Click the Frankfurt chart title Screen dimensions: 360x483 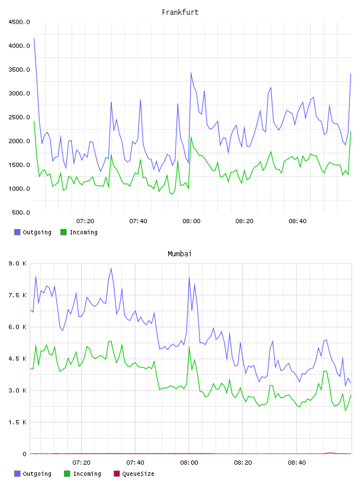tap(180, 12)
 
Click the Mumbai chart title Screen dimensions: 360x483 tap(179, 254)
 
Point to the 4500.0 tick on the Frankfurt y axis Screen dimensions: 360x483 tap(19, 22)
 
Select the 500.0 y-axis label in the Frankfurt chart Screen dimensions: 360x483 tap(21, 212)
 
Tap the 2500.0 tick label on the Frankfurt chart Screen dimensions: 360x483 tap(19, 117)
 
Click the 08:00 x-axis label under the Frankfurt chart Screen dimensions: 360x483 tap(191, 221)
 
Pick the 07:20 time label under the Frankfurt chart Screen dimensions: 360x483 tap(85, 221)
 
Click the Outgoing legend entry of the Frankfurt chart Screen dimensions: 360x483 tap(33, 232)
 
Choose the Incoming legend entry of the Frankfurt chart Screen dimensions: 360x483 tap(79, 232)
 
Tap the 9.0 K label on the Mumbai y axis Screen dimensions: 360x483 tap(18, 263)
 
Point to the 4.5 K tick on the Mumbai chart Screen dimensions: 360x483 tap(18, 359)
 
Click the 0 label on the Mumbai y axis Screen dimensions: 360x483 tap(24, 454)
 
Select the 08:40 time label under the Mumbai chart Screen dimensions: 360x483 tap(297, 463)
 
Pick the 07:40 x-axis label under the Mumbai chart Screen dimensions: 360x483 tap(135, 463)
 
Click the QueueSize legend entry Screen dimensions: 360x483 tap(134, 474)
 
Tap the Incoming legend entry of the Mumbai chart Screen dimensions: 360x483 tap(82, 474)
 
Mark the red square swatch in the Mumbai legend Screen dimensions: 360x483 tap(117, 474)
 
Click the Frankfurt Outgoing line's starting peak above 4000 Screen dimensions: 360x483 tap(34, 38)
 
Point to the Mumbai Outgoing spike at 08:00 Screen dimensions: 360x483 tap(189, 278)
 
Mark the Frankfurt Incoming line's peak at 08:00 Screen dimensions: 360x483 tap(191, 137)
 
